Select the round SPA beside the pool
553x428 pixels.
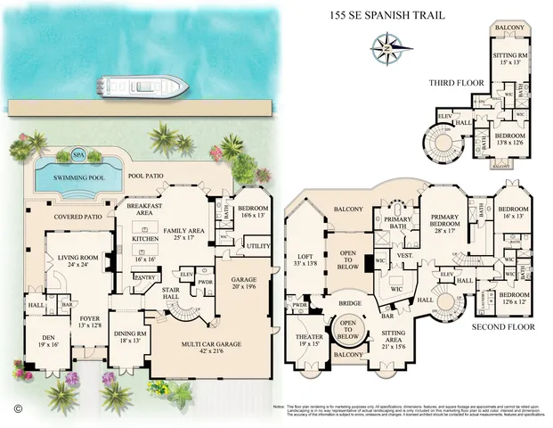78,152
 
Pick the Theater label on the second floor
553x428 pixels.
308,337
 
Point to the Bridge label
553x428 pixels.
349,304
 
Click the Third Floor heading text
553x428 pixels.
456,82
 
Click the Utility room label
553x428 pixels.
258,245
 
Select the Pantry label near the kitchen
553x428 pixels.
144,277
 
